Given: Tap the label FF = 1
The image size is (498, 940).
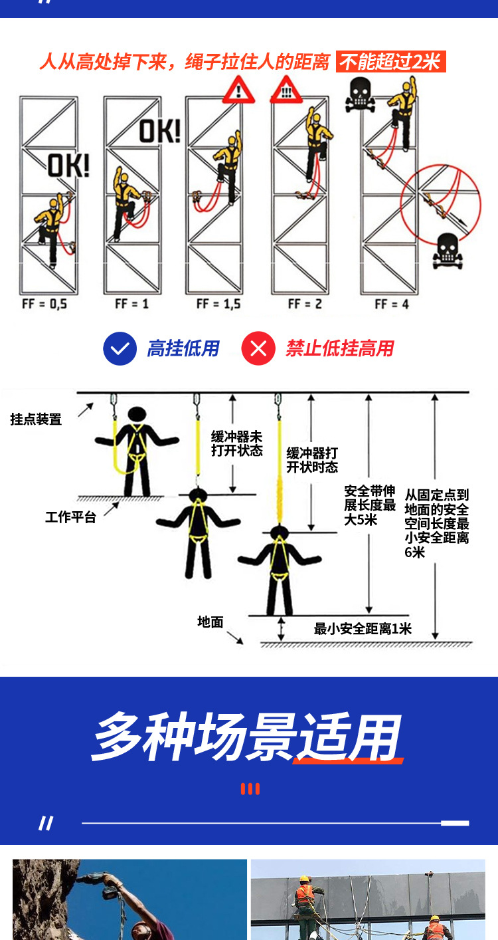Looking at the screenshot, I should click(x=131, y=304).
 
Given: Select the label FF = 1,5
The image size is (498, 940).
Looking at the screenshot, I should click(x=218, y=304).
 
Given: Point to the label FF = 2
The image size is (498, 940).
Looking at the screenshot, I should click(x=303, y=304).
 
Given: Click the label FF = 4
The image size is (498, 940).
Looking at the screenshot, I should click(x=392, y=304).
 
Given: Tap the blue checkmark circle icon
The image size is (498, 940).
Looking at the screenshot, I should click(x=120, y=348).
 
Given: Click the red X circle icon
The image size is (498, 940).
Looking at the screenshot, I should click(x=258, y=348).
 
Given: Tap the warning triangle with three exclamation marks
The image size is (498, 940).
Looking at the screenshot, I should click(x=286, y=91).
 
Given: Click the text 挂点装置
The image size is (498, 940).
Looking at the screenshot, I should click(x=36, y=419).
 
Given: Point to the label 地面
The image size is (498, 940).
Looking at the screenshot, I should click(x=210, y=622).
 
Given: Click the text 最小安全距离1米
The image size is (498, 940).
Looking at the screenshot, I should click(x=363, y=628).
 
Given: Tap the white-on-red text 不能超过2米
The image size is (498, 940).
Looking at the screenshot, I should click(x=390, y=62).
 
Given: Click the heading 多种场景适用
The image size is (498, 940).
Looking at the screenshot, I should click(x=247, y=738).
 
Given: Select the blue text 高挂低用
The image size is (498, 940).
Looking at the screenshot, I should click(x=183, y=348).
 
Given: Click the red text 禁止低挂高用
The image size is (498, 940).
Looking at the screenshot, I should click(x=339, y=348).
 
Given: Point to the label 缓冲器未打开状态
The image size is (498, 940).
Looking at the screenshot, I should click(x=237, y=443).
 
